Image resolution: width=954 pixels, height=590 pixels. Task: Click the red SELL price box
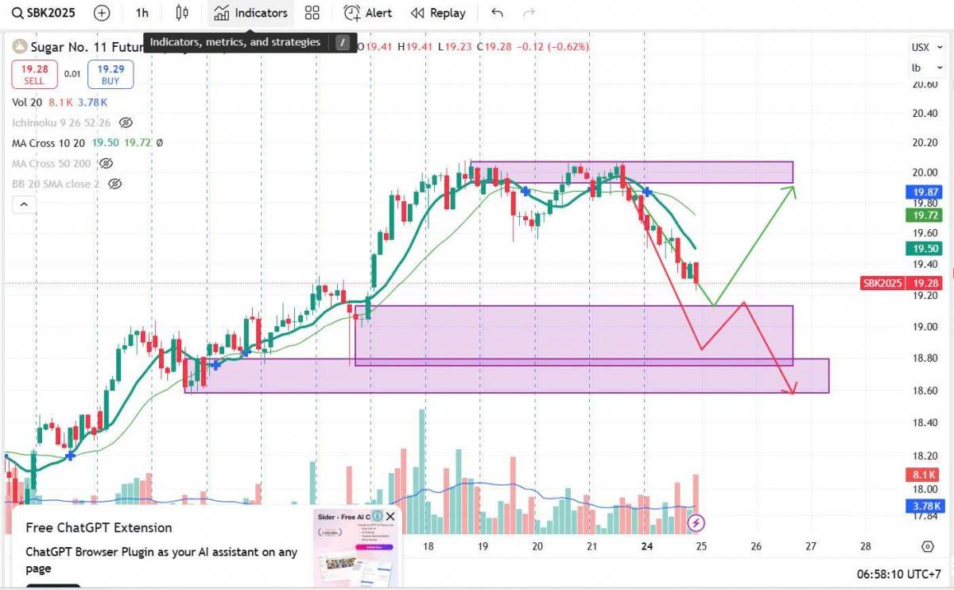click(34, 75)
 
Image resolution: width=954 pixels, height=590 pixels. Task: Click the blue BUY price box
click(110, 75)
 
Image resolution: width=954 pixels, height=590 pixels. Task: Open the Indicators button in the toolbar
click(251, 13)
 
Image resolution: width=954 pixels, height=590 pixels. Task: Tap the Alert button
click(368, 13)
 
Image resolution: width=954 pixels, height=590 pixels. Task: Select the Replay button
click(438, 13)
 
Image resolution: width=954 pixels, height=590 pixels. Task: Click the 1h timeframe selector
click(142, 13)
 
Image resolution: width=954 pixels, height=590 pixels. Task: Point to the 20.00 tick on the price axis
click(925, 173)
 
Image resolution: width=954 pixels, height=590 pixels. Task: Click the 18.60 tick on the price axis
click(925, 390)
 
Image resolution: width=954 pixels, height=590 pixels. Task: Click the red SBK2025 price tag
click(882, 283)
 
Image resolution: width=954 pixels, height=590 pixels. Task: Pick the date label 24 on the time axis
click(647, 546)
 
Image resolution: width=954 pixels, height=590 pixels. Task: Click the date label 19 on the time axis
click(483, 546)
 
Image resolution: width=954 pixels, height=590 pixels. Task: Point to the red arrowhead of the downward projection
click(789, 390)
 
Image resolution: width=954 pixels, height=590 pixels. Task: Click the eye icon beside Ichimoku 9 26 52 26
click(125, 122)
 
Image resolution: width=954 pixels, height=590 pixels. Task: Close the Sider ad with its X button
click(390, 517)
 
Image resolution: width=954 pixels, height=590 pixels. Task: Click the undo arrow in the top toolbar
click(498, 13)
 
